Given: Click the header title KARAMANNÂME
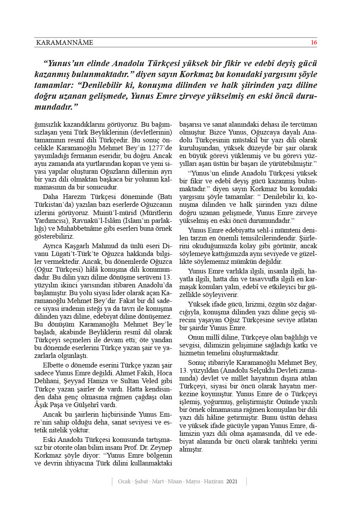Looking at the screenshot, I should pyautogui.click(x=64, y=43).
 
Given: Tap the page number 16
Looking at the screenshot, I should pyautogui.click(x=313, y=43).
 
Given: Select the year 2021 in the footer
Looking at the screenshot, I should pyautogui.click(x=232, y=482).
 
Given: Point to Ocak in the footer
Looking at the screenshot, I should pyautogui.click(x=125, y=482).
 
